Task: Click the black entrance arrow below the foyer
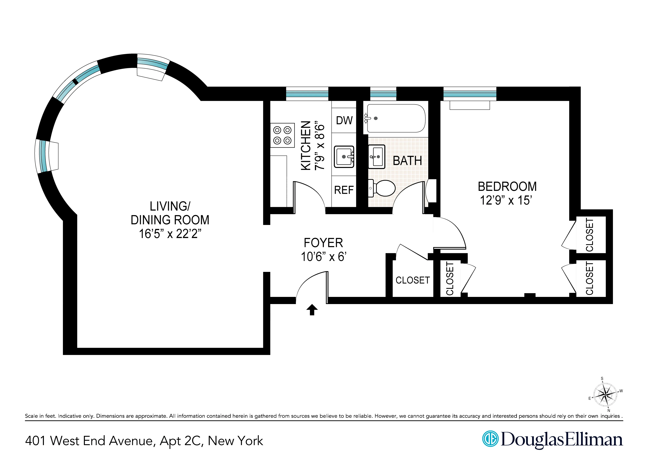(x=312, y=310)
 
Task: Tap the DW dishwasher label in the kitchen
(x=344, y=121)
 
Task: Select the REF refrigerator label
(x=344, y=190)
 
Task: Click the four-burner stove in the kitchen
(x=282, y=135)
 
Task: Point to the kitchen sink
(x=344, y=157)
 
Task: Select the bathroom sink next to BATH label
(x=376, y=157)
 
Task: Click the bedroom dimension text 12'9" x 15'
(x=506, y=201)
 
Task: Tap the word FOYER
(x=323, y=243)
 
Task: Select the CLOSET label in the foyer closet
(x=413, y=280)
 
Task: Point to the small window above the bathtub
(x=383, y=94)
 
